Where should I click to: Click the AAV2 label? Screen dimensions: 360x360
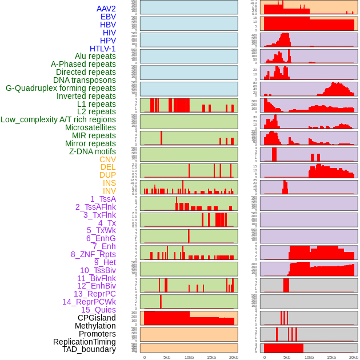[x=106, y=9]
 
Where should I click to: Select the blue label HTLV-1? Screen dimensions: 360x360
[x=103, y=49]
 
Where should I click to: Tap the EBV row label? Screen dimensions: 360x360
[x=108, y=17]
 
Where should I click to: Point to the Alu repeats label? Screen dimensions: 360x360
[x=95, y=56]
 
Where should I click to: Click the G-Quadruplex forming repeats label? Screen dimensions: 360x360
[x=61, y=88]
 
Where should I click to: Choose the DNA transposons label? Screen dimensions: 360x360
[x=85, y=80]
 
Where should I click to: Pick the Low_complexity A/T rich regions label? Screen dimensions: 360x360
[x=58, y=119]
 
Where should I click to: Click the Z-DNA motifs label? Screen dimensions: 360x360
[x=93, y=151]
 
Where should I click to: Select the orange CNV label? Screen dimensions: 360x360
[x=107, y=159]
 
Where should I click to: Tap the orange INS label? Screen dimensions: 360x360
[x=109, y=183]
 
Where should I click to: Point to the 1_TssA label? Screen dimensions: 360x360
[x=103, y=199]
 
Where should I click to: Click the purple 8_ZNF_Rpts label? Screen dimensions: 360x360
[x=93, y=254]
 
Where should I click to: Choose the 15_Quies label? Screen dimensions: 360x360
[x=98, y=310]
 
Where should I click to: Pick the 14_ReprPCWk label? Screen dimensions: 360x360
[x=89, y=302]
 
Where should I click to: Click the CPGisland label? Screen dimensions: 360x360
[x=97, y=318]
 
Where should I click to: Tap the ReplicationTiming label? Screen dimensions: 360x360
[x=85, y=342]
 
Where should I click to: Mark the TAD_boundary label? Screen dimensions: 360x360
[x=89, y=349]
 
